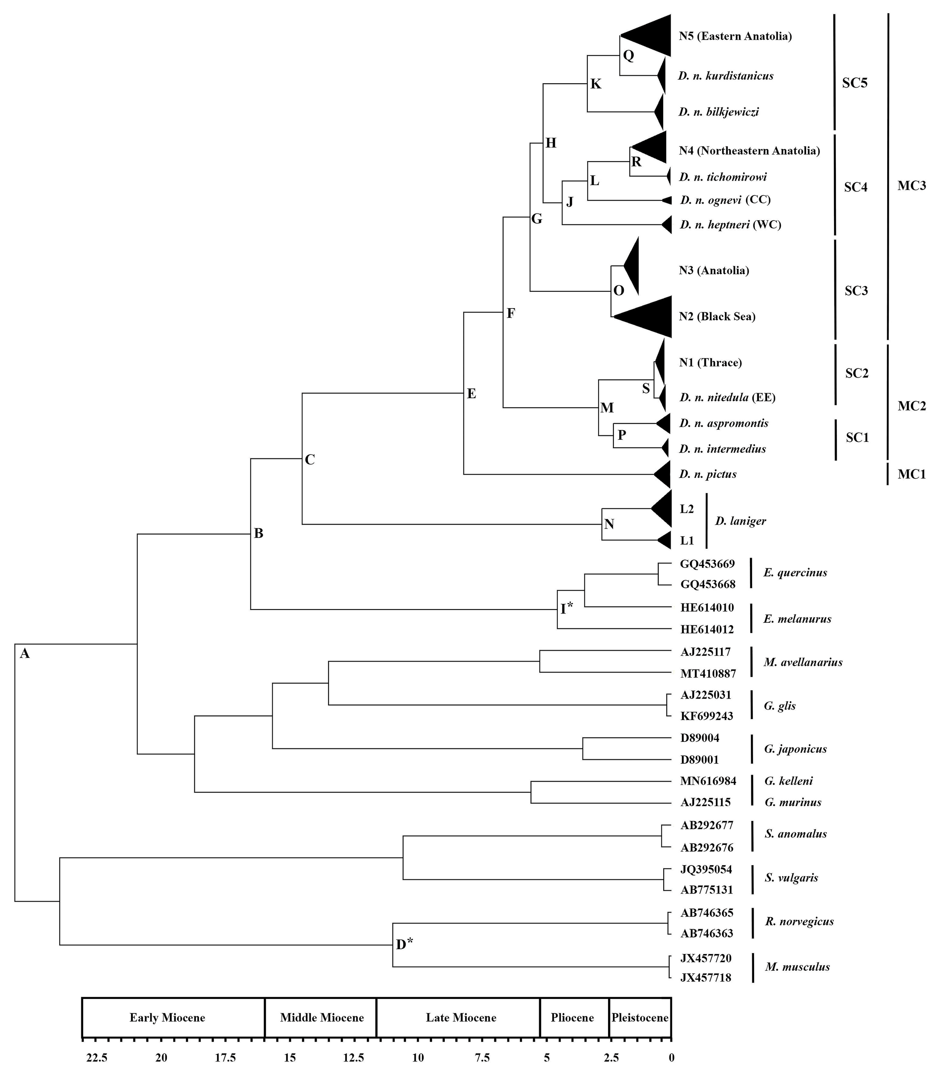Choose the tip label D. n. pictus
coord(707,474)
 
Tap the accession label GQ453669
coord(707,564)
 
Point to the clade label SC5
coord(855,82)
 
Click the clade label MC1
coord(911,474)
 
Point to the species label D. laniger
coord(740,521)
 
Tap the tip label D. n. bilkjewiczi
coord(718,112)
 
